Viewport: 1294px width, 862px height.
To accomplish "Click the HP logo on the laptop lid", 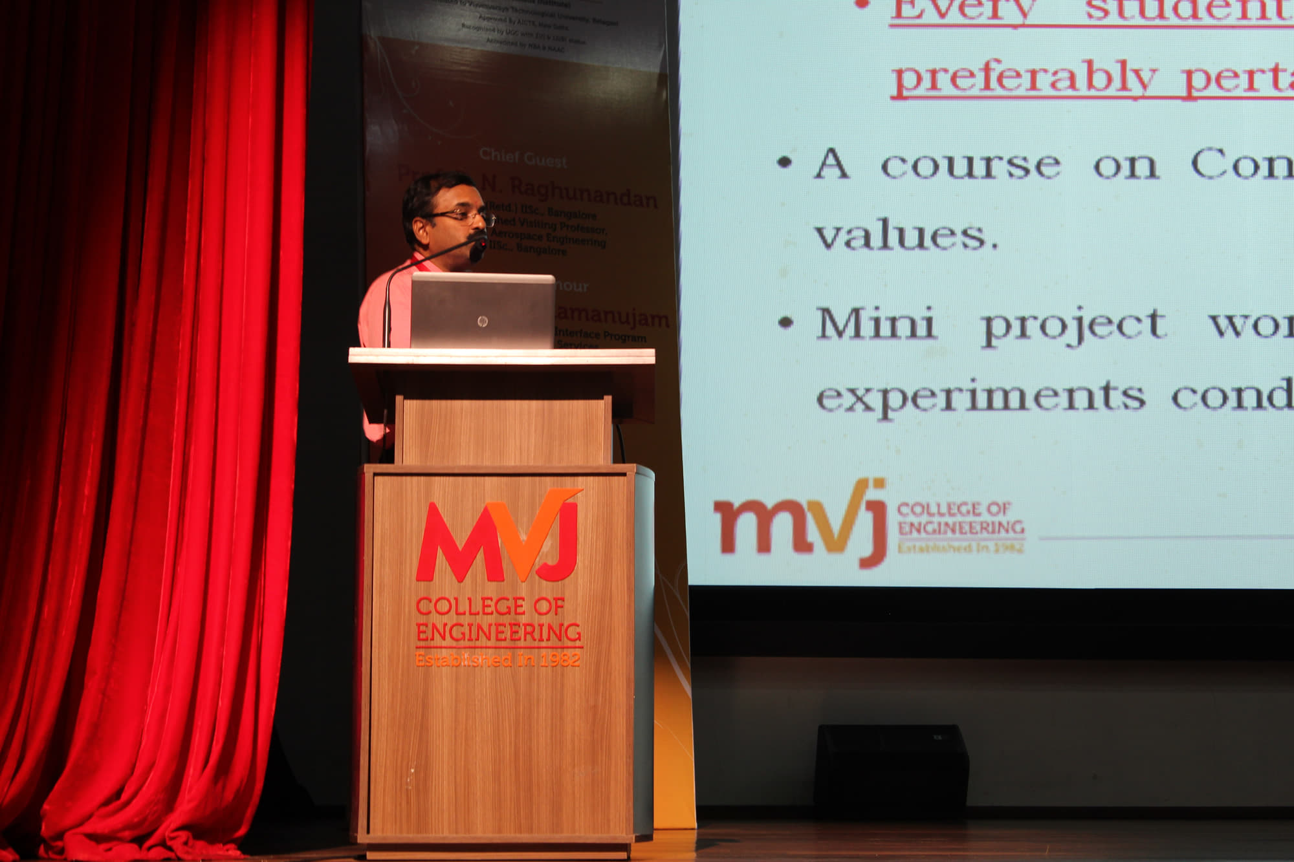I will click(481, 321).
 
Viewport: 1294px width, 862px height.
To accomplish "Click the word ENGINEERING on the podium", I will click(498, 632).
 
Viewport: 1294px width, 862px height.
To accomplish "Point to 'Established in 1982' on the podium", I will click(498, 660).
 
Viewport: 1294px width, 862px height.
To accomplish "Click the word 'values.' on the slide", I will click(906, 236).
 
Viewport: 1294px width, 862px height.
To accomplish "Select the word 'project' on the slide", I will click(1074, 326).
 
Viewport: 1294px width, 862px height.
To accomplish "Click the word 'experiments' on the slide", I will click(980, 396).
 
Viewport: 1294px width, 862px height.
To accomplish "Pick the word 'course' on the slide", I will click(970, 166).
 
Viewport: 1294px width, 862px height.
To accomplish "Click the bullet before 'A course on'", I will click(785, 162).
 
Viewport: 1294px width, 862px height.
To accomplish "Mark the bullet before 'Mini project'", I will click(785, 321).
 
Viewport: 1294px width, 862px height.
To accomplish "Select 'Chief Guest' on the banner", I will click(523, 158).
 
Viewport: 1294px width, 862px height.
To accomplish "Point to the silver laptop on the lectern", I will click(483, 310).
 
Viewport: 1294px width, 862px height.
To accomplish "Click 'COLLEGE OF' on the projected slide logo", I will click(954, 509).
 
